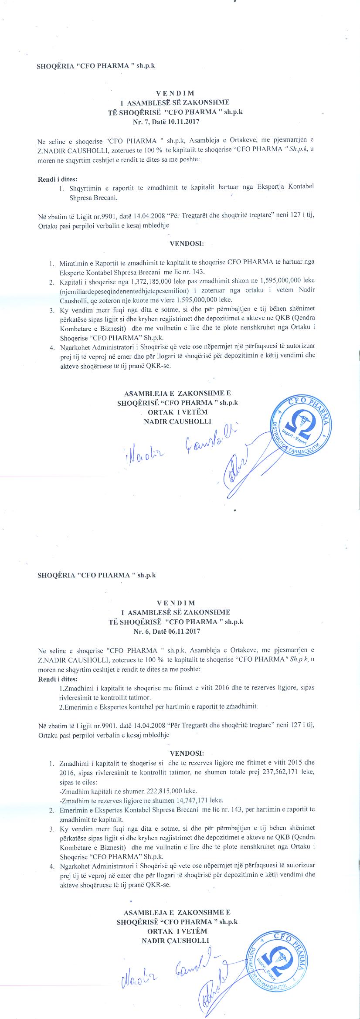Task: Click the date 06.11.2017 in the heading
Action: [184, 631]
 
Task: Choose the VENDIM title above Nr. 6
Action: [175, 603]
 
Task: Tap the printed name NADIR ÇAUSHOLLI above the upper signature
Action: [177, 421]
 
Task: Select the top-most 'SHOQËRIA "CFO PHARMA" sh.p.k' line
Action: [96, 66]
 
